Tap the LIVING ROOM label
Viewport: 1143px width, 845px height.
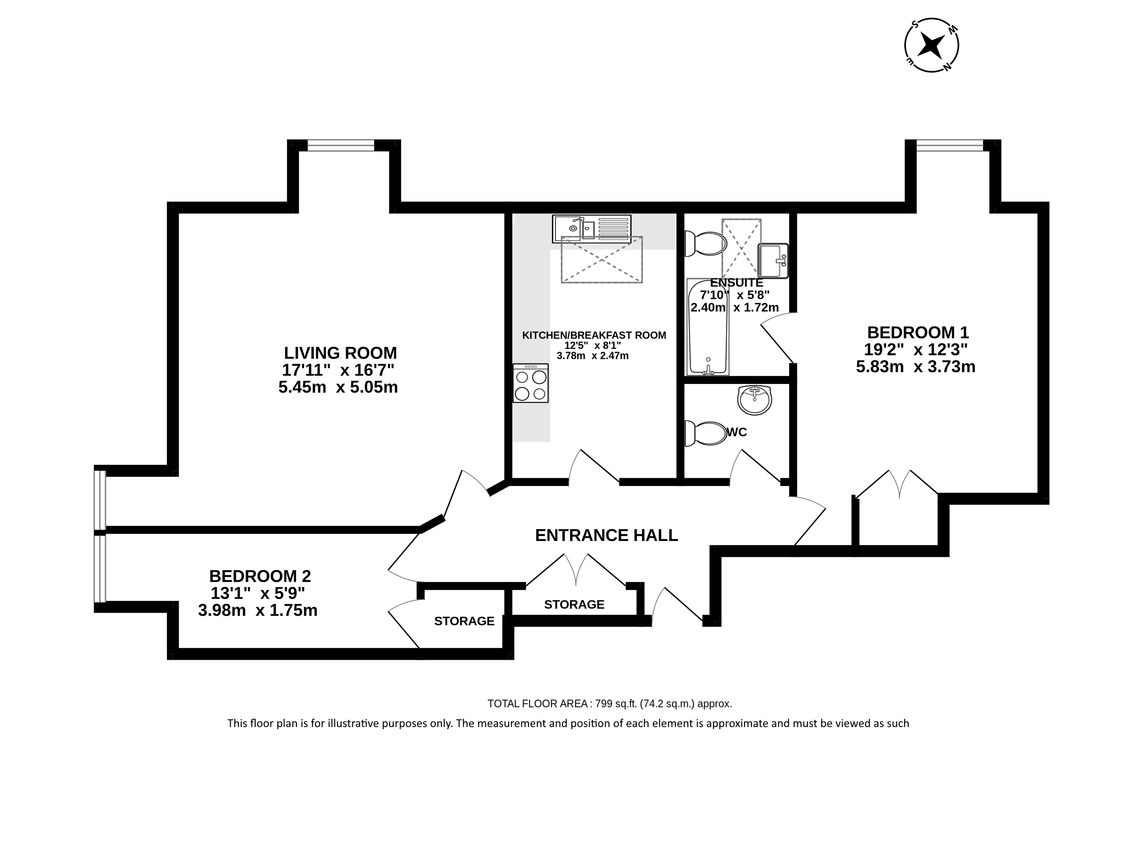tap(340, 353)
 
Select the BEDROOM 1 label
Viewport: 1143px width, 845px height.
tap(918, 332)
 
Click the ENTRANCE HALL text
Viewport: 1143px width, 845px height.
tap(606, 535)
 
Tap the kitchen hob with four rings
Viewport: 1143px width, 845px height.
tap(531, 383)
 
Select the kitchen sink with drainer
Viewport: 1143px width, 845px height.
tap(592, 229)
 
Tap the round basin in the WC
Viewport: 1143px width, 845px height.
tap(755, 400)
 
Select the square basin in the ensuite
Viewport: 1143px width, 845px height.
tap(772, 261)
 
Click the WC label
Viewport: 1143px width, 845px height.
tap(737, 432)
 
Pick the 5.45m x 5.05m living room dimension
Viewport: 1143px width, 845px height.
tap(338, 387)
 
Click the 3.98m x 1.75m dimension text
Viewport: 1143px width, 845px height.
tap(258, 610)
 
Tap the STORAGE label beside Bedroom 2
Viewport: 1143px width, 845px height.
tap(464, 621)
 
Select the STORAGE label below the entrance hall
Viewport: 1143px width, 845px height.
tap(574, 604)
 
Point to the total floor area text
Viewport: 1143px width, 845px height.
tap(610, 704)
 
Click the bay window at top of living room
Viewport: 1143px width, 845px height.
tap(341, 145)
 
